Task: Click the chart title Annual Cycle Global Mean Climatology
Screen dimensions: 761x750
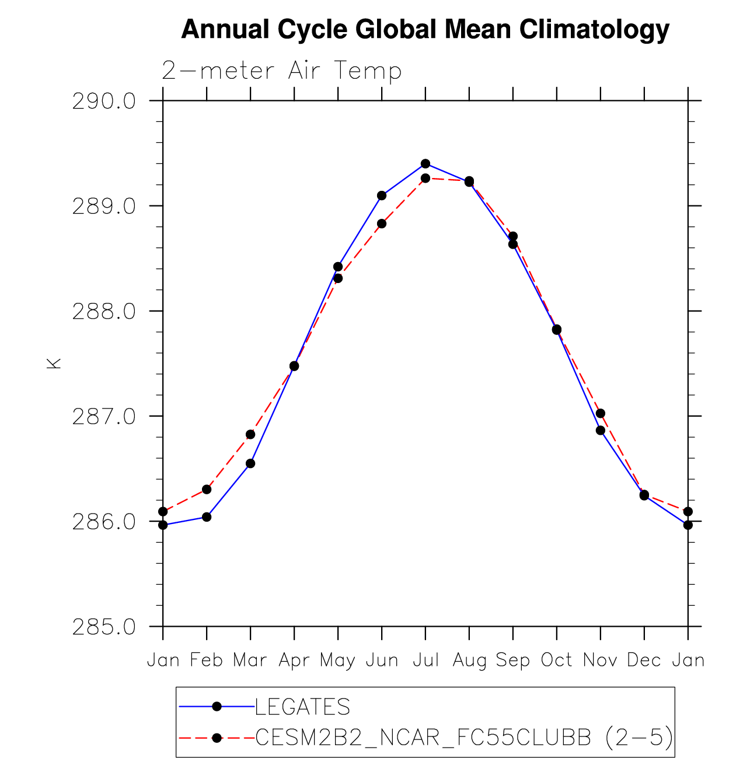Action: point(425,29)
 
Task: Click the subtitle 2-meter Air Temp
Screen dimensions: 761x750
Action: point(281,71)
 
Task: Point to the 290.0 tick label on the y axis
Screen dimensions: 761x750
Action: point(104,101)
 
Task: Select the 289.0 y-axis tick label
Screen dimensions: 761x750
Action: point(104,206)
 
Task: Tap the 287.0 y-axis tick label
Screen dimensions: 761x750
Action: point(104,416)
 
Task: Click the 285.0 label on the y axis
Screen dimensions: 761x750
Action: point(104,626)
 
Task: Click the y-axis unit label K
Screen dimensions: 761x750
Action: point(53,363)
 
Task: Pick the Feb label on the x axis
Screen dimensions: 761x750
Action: point(207,660)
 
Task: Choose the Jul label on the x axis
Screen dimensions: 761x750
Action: point(425,660)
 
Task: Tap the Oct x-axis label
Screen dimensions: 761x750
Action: point(556,660)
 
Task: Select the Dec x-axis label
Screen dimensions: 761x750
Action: point(644,660)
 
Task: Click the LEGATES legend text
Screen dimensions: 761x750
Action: point(302,707)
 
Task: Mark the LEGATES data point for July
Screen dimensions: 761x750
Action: point(425,163)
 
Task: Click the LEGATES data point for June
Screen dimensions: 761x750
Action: point(382,196)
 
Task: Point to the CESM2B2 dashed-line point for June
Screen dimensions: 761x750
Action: point(382,224)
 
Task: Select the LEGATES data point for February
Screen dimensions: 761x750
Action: point(207,517)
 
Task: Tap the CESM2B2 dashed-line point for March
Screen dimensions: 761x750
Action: point(250,434)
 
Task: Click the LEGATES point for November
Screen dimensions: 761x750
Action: point(601,430)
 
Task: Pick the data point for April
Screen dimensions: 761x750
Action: point(294,366)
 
